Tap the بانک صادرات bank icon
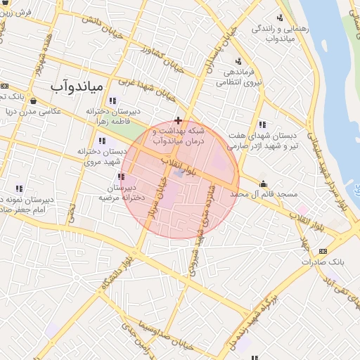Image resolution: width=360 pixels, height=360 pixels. click(x=323, y=251)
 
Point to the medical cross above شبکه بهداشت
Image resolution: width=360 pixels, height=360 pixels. click(x=179, y=120)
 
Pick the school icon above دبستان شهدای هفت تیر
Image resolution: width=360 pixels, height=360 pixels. click(x=262, y=124)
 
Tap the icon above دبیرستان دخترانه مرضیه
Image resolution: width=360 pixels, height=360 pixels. click(x=121, y=177)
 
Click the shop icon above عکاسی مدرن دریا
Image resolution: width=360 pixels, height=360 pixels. click(x=33, y=101)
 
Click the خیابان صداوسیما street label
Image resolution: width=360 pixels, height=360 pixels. click(x=162, y=330)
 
